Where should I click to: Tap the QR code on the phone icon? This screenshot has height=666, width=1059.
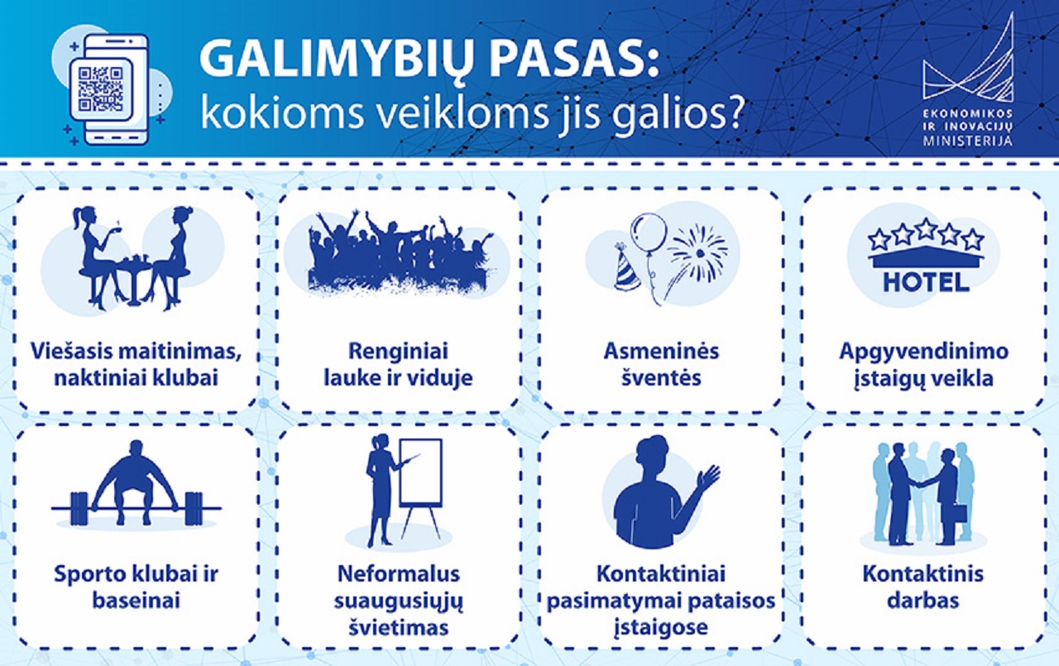click(100, 89)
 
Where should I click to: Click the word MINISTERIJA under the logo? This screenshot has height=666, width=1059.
click(968, 141)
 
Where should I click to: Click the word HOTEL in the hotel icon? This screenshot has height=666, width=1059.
click(926, 283)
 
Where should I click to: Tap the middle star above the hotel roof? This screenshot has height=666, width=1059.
click(926, 229)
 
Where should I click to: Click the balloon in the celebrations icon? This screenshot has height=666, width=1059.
click(649, 234)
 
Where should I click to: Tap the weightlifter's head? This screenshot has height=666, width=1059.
click(137, 449)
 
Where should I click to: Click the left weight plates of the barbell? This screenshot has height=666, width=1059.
click(79, 509)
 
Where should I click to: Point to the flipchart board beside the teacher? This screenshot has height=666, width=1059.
click(421, 472)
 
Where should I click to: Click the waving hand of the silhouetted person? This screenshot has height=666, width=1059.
click(707, 477)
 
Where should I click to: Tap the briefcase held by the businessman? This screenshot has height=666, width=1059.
click(960, 514)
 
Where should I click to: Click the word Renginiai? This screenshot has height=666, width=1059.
click(398, 351)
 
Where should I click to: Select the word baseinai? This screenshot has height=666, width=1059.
click(137, 601)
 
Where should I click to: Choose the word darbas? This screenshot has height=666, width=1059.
click(922, 601)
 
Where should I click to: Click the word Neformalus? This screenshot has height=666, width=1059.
click(399, 574)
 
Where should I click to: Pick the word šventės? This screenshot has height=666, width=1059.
click(661, 377)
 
